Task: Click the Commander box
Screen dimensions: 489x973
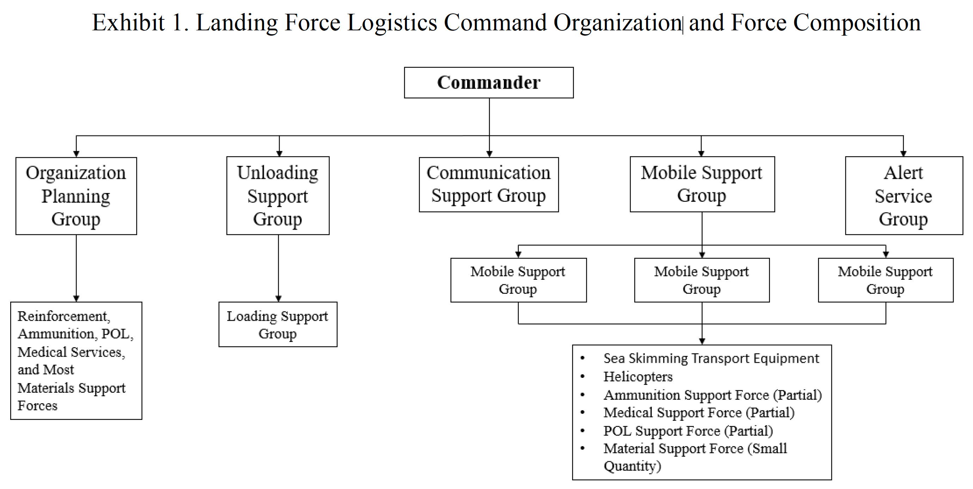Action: click(x=488, y=82)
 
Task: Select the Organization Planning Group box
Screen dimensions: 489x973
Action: click(x=76, y=196)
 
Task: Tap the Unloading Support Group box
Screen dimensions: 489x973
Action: click(x=278, y=196)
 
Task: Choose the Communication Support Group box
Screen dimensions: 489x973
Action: click(x=488, y=184)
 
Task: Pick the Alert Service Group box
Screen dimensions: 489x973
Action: click(x=904, y=196)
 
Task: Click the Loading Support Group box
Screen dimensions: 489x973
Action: click(x=278, y=324)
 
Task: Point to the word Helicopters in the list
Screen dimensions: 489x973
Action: click(x=638, y=376)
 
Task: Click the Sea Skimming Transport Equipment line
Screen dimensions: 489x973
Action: click(x=711, y=358)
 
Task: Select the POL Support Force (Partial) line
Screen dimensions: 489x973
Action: click(x=688, y=431)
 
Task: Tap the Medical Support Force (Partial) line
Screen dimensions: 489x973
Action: click(x=699, y=412)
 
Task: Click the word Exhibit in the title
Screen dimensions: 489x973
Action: click(x=128, y=23)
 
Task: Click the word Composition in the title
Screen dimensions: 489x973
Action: click(x=857, y=23)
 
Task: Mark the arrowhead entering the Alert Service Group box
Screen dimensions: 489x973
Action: click(x=904, y=153)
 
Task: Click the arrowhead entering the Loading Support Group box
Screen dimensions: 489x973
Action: click(x=279, y=298)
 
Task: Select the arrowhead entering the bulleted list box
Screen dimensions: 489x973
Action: click(x=702, y=341)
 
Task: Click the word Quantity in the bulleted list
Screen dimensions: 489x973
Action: click(x=632, y=466)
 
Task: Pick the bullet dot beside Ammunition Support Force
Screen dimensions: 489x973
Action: click(x=583, y=395)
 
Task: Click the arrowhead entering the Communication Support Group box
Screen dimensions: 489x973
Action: click(x=489, y=154)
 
